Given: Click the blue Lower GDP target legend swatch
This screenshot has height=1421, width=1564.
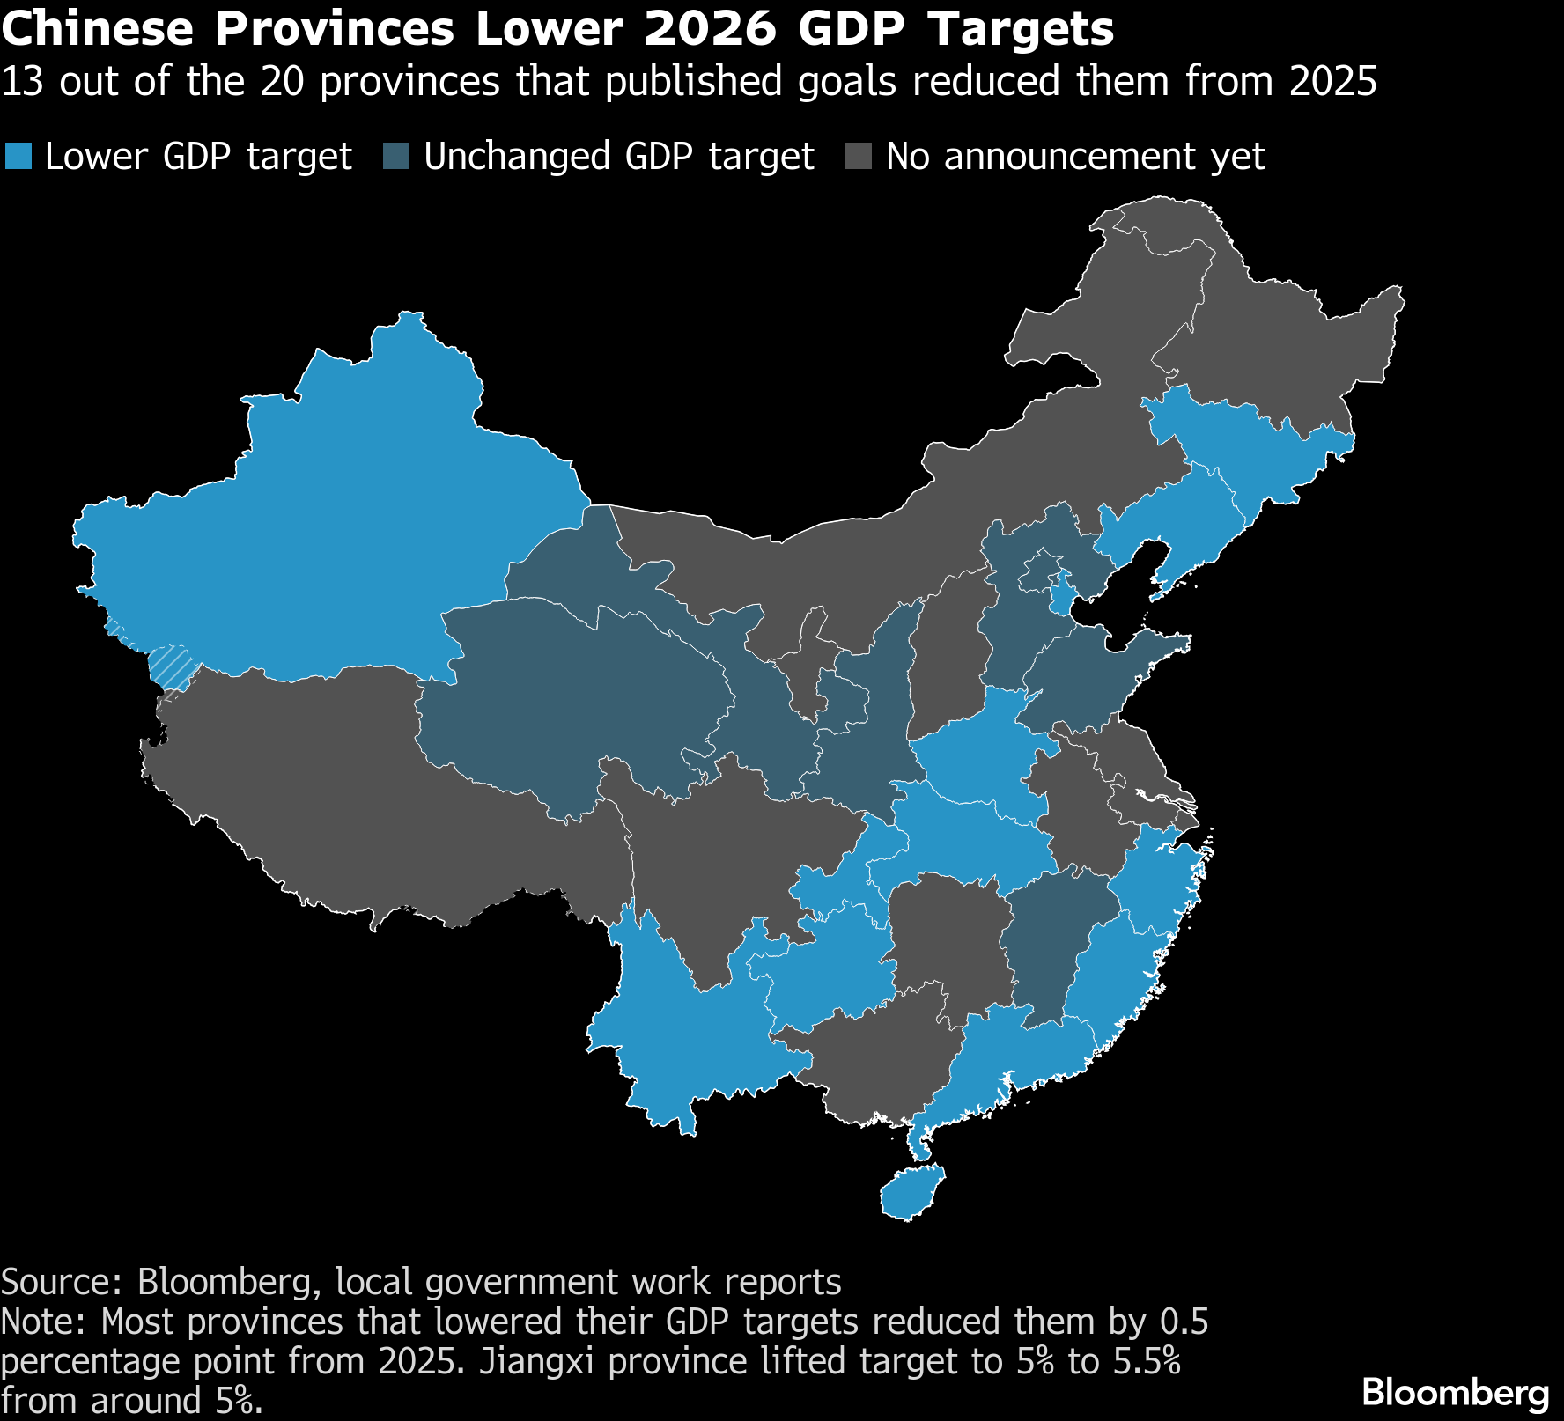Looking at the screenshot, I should [18, 157].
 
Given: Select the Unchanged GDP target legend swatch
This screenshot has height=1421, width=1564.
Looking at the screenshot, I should [396, 157].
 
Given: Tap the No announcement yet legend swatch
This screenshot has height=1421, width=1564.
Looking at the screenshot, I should [859, 157].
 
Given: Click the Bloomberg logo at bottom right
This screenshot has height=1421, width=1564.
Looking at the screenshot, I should [1455, 1392].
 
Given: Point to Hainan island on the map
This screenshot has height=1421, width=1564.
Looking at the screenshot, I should [911, 1193].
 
